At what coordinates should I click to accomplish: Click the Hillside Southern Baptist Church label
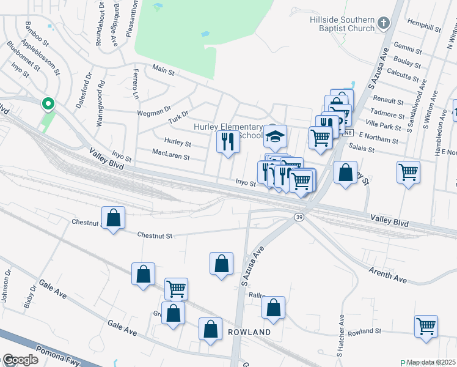coord(342,24)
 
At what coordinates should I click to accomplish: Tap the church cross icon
coord(383,24)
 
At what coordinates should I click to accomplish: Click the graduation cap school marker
coord(275,136)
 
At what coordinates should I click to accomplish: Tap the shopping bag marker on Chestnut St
coord(114,218)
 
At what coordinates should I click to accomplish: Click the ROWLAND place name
coord(249,332)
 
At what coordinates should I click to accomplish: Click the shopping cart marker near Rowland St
coord(426,325)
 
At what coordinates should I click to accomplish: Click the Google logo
coord(20,360)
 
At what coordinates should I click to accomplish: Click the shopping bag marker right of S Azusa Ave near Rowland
coord(273,308)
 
